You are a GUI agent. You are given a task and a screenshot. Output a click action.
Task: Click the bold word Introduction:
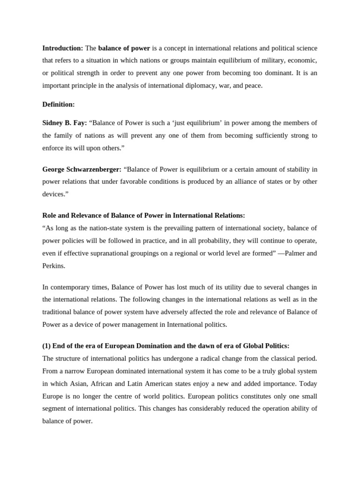point(62,48)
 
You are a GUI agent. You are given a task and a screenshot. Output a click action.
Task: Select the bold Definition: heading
point(59,104)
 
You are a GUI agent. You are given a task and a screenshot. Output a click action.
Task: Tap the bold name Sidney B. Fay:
point(65,123)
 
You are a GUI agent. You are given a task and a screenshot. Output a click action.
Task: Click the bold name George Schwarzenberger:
point(82,169)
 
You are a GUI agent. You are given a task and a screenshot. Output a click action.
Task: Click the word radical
point(214,359)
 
